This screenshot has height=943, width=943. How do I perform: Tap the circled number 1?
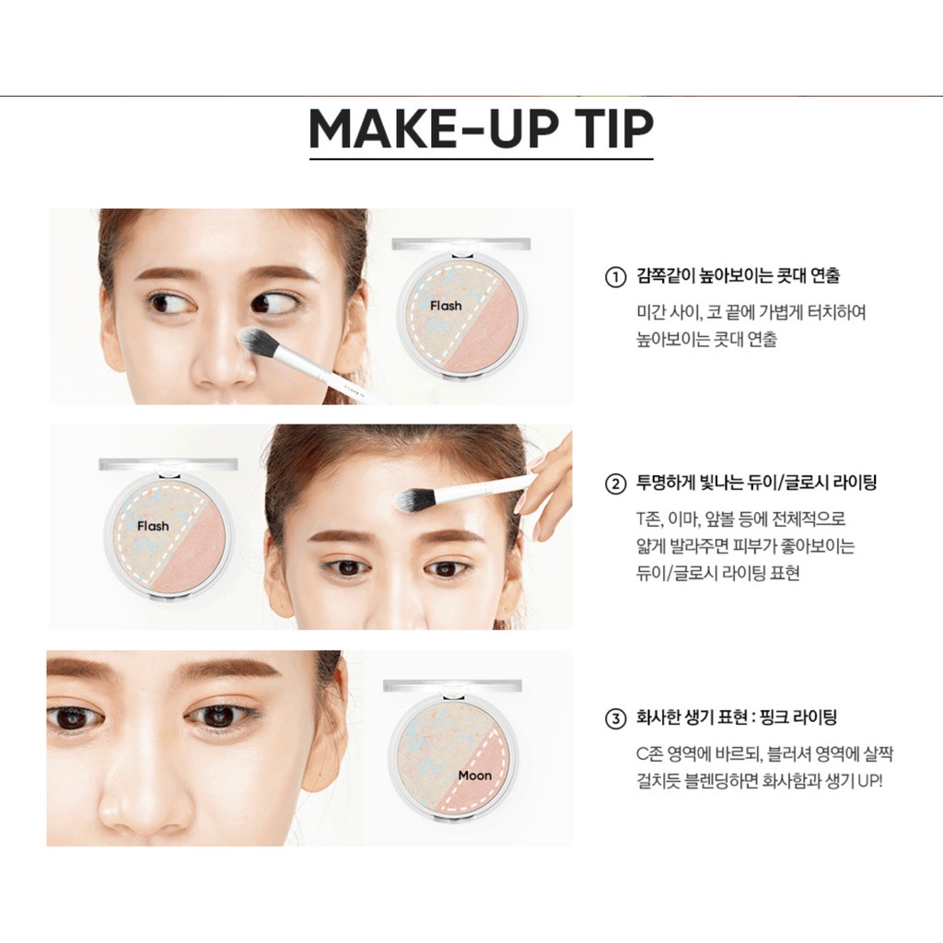pyautogui.click(x=615, y=276)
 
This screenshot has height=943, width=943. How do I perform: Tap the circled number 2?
pyautogui.click(x=615, y=483)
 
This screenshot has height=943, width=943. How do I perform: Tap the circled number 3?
pyautogui.click(x=615, y=716)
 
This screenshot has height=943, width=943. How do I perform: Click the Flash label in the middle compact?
pyautogui.click(x=153, y=526)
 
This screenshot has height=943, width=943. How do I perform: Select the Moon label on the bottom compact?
pyautogui.click(x=475, y=774)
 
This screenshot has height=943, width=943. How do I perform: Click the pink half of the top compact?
pyautogui.click(x=485, y=330)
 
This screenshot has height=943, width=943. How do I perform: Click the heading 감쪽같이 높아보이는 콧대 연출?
pyautogui.click(x=738, y=276)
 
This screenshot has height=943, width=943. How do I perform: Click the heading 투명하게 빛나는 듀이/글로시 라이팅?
pyautogui.click(x=755, y=483)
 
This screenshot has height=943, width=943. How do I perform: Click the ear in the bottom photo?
pyautogui.click(x=326, y=728)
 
